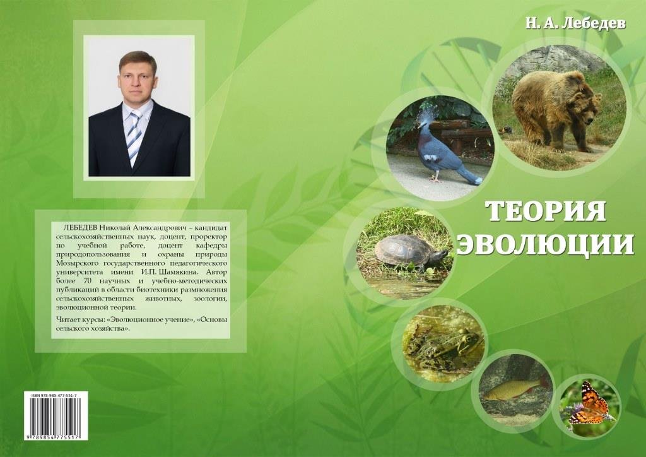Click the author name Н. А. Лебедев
[575, 23]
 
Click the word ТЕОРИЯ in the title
[546, 211]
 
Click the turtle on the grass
[410, 252]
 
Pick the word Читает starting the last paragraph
[66, 320]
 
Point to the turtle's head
[442, 254]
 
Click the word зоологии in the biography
[209, 299]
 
